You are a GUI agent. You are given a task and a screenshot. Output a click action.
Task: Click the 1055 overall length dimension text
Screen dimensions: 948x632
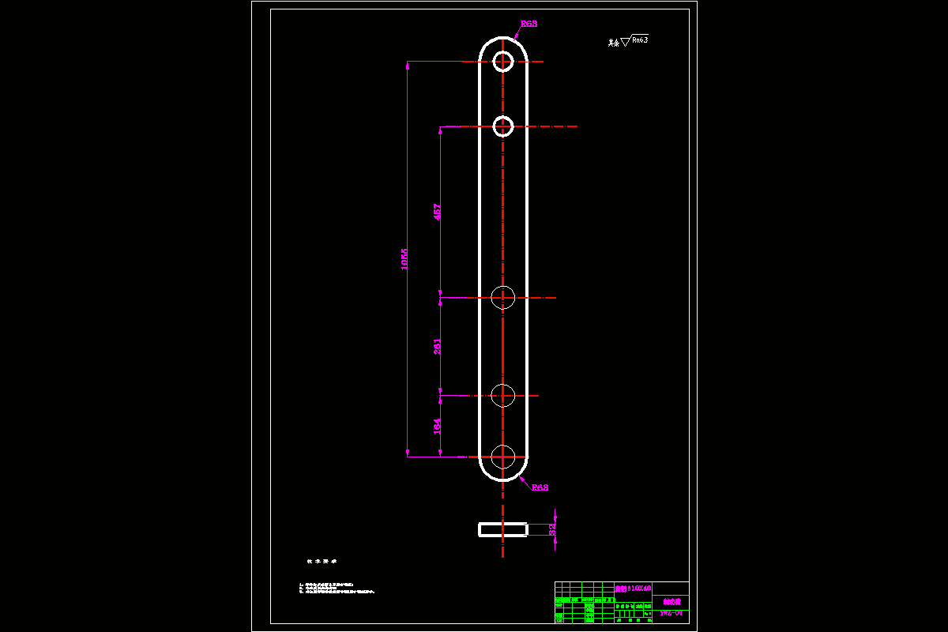[404, 259]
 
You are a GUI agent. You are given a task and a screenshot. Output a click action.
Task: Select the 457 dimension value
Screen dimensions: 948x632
[438, 212]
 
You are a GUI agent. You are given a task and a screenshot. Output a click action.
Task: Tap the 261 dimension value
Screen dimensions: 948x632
[438, 346]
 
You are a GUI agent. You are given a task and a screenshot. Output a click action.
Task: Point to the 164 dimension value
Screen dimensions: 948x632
[438, 426]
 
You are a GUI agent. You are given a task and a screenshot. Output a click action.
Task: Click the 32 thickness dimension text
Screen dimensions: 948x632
[553, 529]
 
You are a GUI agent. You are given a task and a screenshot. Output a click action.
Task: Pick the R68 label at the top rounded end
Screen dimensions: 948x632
[529, 24]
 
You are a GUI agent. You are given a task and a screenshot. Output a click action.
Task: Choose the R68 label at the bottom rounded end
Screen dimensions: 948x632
[540, 487]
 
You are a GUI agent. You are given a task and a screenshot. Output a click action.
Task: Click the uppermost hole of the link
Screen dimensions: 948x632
[503, 61]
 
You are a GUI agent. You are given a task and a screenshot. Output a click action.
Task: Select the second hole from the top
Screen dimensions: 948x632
[503, 126]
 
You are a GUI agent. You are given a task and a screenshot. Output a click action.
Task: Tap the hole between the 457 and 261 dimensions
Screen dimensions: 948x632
[503, 298]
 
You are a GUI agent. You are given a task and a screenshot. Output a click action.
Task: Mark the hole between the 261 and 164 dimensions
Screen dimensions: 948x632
[503, 394]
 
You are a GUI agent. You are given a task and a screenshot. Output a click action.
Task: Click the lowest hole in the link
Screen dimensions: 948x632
[503, 457]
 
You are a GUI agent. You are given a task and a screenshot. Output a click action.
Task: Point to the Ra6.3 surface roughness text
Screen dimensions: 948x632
[639, 39]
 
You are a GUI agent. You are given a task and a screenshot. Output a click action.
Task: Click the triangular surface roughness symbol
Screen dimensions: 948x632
[625, 42]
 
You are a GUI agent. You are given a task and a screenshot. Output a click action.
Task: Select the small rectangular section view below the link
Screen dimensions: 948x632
[502, 529]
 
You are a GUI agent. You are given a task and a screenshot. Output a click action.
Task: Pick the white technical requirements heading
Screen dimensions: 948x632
[322, 561]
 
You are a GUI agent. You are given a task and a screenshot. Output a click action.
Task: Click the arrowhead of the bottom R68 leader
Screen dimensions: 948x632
[521, 477]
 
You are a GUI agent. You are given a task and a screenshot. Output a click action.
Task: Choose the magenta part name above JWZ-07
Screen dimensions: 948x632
[671, 601]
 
